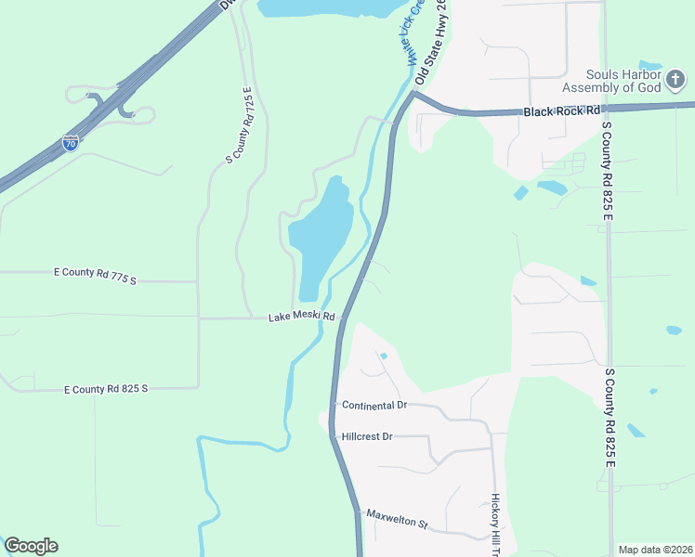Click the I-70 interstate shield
(x=71, y=142)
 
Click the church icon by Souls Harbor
(x=675, y=82)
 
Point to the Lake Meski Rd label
(x=301, y=317)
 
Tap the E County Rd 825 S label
(x=106, y=389)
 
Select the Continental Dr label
(x=374, y=406)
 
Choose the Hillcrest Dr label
(x=368, y=436)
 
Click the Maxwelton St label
(x=396, y=519)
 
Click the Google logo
(x=31, y=546)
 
